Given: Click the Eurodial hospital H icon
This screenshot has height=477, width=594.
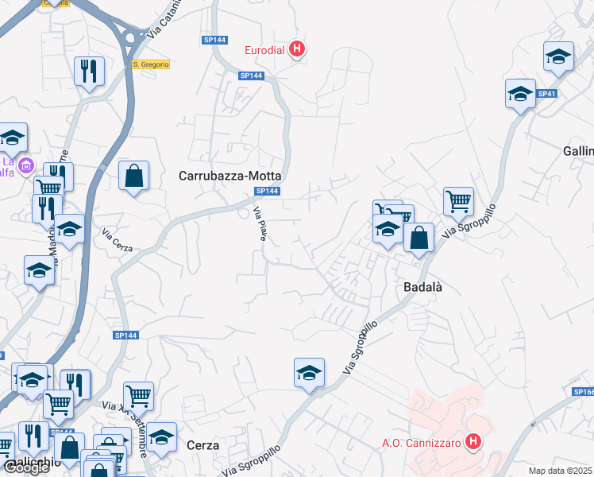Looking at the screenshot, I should pyautogui.click(x=297, y=50).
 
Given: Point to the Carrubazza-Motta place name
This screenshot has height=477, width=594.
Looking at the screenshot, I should pyautogui.click(x=230, y=176).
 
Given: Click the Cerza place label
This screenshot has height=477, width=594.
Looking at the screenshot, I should pyautogui.click(x=202, y=446).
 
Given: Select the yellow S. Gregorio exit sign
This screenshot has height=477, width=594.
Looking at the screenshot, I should pyautogui.click(x=151, y=64).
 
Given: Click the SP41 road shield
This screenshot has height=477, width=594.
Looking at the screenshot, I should pyautogui.click(x=546, y=94).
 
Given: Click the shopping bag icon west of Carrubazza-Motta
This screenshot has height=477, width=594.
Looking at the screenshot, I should pyautogui.click(x=134, y=176).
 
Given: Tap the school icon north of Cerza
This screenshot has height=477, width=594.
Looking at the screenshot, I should pyautogui.click(x=309, y=372).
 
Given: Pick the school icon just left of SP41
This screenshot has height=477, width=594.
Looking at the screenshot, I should pyautogui.click(x=520, y=94).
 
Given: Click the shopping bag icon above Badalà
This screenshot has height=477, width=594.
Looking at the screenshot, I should pyautogui.click(x=418, y=236).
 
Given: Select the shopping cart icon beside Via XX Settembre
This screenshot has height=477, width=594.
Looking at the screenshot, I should pyautogui.click(x=138, y=395).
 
